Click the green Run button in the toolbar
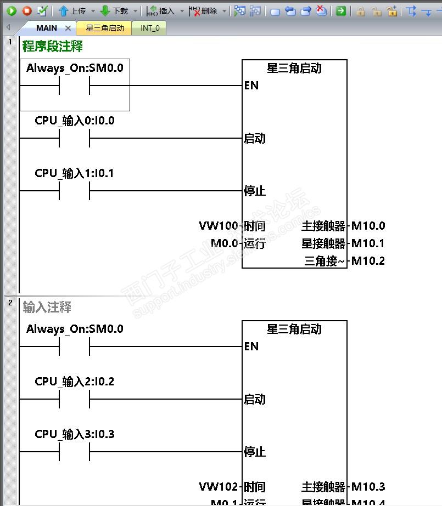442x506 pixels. [12, 10]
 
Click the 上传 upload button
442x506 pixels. [72, 11]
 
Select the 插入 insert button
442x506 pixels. [161, 11]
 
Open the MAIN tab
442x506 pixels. [47, 28]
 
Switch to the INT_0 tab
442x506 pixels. [150, 28]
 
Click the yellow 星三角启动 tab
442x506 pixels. [104, 28]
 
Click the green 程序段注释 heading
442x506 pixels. [53, 47]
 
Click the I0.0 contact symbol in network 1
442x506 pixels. [74, 138]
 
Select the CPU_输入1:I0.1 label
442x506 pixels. [74, 173]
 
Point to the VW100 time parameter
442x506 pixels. [219, 226]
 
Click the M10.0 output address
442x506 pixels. [368, 226]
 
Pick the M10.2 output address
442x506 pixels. [368, 261]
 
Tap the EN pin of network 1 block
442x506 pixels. [251, 86]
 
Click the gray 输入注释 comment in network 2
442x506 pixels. [47, 308]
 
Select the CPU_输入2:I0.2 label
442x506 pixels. [74, 382]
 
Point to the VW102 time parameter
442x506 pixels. [219, 487]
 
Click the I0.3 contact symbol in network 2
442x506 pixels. [74, 452]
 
